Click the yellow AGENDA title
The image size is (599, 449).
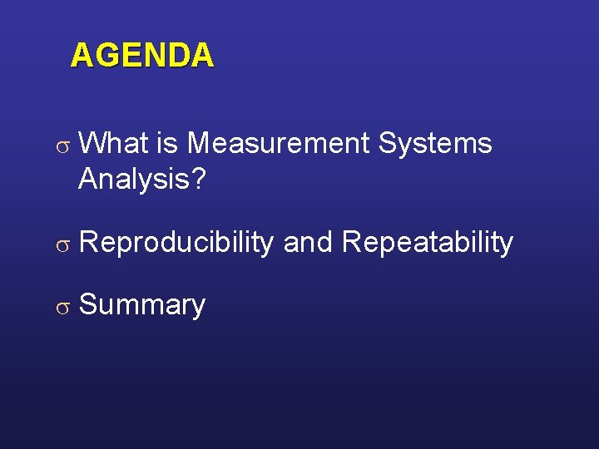[x=142, y=56]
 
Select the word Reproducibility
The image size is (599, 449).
[x=176, y=243]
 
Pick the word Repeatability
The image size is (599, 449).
[x=428, y=243]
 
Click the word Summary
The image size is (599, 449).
[x=141, y=305]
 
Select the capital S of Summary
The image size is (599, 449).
[x=87, y=304]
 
